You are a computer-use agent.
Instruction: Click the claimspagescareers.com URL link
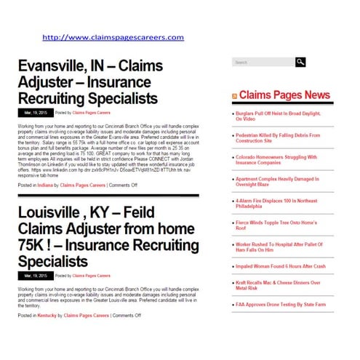(113, 37)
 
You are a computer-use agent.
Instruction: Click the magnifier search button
(300, 63)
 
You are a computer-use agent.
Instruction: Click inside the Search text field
(262, 63)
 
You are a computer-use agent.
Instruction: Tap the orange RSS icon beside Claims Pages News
(234, 96)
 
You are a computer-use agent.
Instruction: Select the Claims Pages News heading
(284, 95)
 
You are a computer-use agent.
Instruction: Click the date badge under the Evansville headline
(35, 113)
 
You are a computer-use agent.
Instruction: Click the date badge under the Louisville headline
(35, 276)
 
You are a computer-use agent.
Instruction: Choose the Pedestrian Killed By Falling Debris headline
(279, 138)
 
